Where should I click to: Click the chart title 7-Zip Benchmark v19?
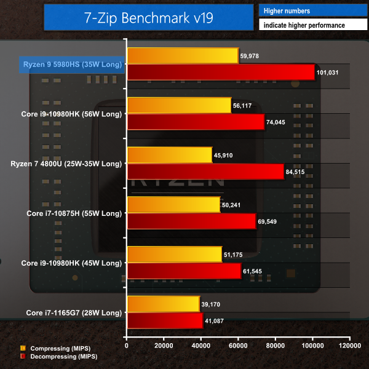tap(149, 17)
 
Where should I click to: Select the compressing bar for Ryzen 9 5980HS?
tap(182, 55)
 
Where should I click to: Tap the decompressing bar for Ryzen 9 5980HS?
tap(220, 72)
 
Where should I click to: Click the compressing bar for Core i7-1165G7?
tap(163, 303)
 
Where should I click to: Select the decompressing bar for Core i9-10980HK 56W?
tap(196, 122)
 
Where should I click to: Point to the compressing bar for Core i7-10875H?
tap(173, 204)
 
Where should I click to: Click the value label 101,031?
tap(329, 73)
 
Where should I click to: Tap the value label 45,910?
tap(226, 155)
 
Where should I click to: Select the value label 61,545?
tap(255, 271)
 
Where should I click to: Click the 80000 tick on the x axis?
tap(276, 346)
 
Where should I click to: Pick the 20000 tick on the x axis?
tap(164, 346)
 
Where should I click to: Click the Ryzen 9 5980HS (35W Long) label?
tap(73, 64)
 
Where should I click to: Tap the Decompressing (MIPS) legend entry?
tap(60, 356)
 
